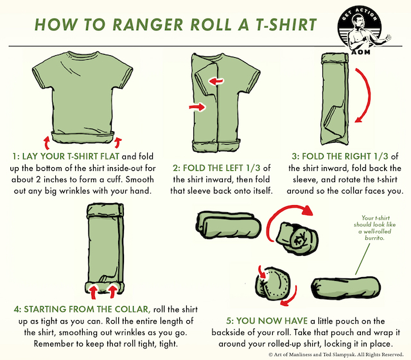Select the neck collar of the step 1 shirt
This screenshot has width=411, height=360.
[82, 57]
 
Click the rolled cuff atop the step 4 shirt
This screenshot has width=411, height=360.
[102, 211]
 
